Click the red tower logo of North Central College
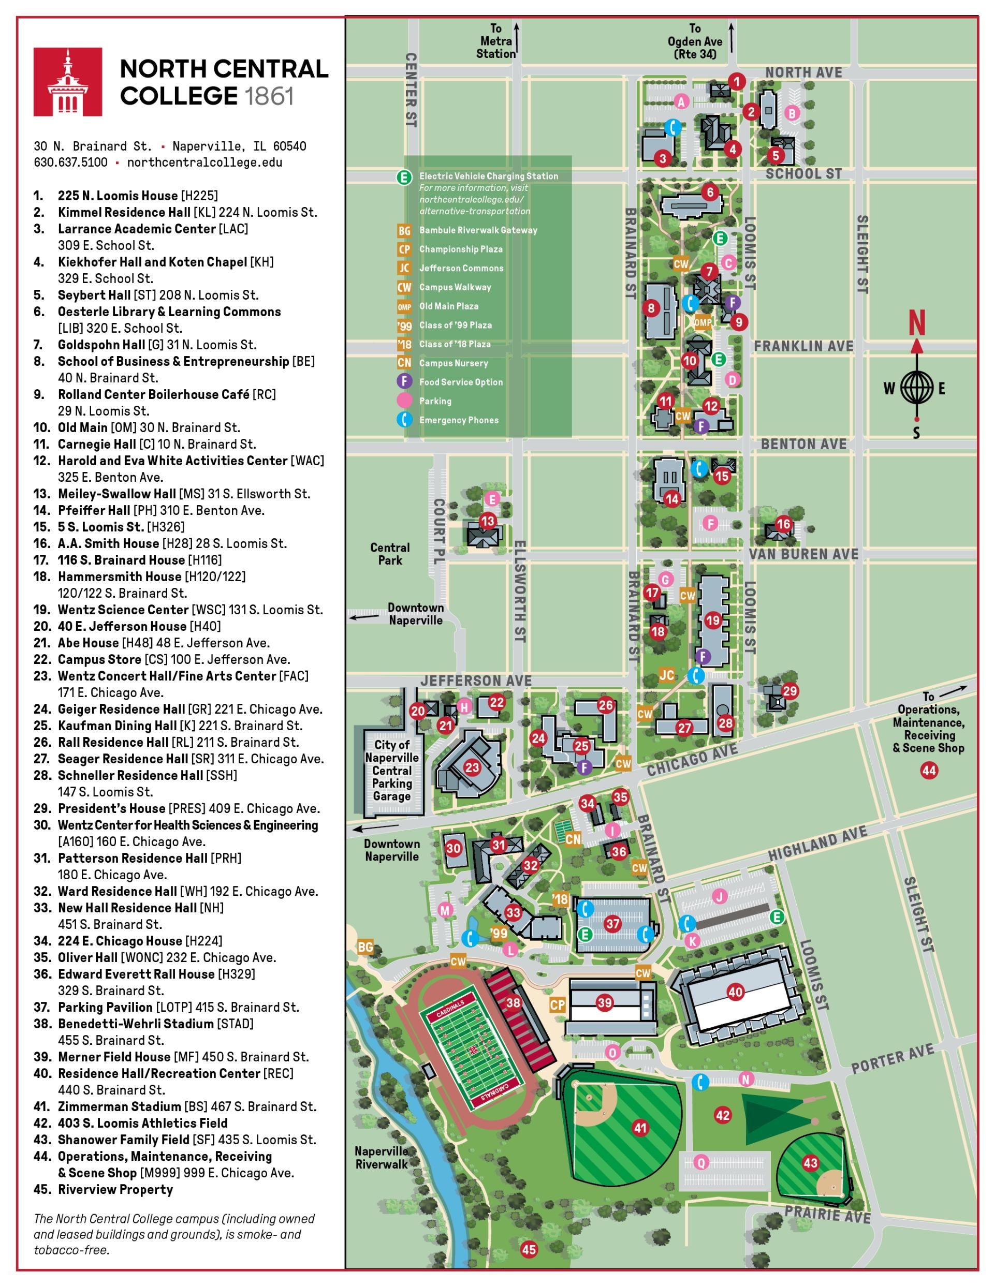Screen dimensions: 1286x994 68,82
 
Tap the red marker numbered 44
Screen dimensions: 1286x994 929,770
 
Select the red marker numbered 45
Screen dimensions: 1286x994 529,1249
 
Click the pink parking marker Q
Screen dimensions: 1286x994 700,1162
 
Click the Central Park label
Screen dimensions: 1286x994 389,554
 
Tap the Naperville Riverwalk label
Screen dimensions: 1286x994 381,1158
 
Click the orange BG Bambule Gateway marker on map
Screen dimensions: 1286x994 366,947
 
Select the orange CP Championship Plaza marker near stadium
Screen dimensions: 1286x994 557,1004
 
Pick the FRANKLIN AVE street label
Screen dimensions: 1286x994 803,346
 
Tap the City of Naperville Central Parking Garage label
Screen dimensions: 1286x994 391,770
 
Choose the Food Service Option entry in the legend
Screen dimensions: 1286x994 461,382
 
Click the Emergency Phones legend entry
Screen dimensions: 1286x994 458,420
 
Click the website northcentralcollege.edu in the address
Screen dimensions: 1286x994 204,162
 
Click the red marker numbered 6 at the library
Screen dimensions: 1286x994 710,192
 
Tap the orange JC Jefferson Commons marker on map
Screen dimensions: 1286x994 666,675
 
